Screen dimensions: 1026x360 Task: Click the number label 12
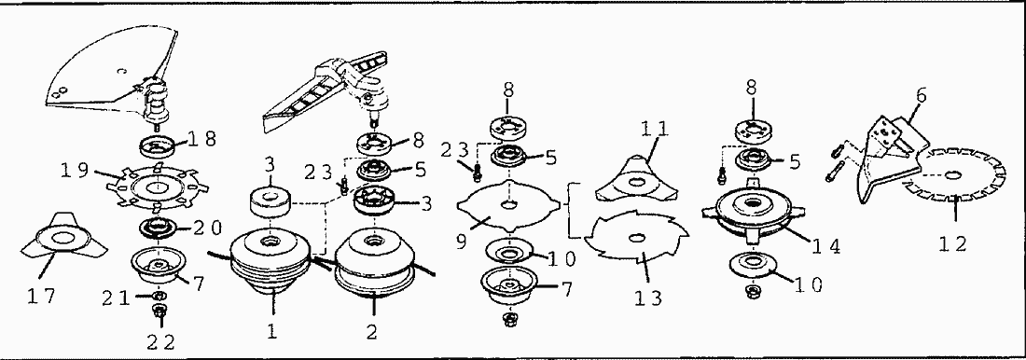point(952,243)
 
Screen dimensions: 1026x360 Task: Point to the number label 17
point(41,297)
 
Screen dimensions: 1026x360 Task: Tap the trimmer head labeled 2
point(372,265)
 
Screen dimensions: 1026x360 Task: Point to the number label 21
point(115,298)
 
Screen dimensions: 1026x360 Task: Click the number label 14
point(825,246)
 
